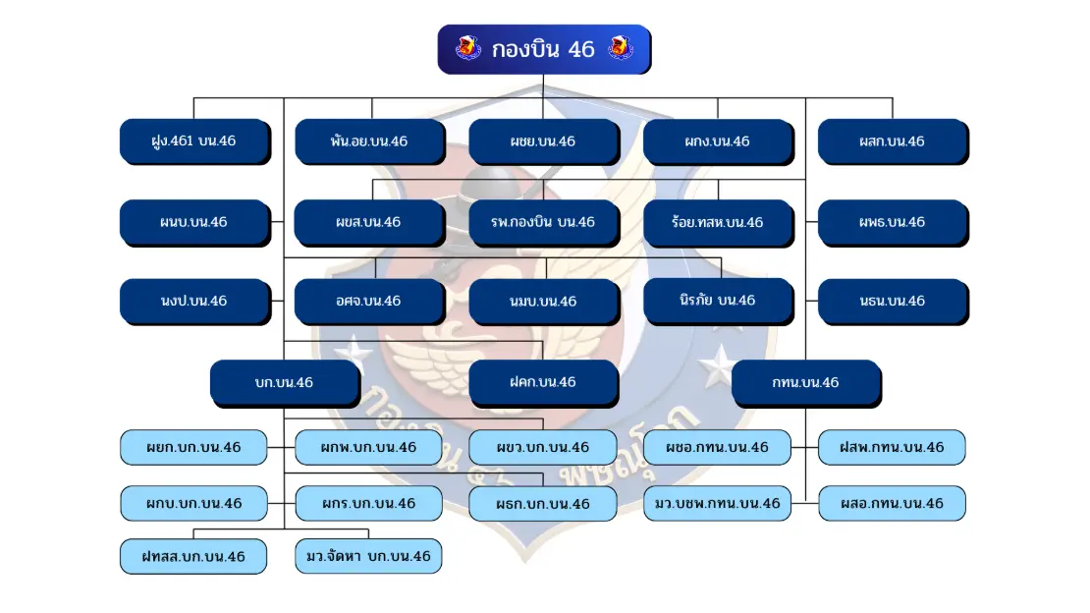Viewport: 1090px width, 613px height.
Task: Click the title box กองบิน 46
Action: click(x=544, y=49)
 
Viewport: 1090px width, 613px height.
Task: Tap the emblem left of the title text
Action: click(x=467, y=48)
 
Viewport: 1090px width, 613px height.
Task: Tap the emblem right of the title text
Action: click(x=620, y=48)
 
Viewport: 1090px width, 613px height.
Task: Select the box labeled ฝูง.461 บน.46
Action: click(x=194, y=141)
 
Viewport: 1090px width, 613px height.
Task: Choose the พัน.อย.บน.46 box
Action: click(x=370, y=141)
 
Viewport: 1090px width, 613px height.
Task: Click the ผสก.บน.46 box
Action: click(x=894, y=141)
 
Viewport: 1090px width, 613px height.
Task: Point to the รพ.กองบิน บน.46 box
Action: click(x=544, y=223)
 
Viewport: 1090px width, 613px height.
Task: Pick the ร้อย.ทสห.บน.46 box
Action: click(x=719, y=223)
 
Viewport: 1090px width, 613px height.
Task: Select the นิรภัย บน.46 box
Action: click(x=719, y=302)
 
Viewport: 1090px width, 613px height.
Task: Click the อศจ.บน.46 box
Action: click(x=370, y=302)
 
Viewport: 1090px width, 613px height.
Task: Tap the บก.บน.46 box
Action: click(x=285, y=383)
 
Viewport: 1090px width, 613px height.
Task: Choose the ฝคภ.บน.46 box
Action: click(x=544, y=383)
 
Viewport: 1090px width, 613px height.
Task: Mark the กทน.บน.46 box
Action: click(x=806, y=383)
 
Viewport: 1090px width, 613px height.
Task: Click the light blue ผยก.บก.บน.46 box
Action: click(x=194, y=447)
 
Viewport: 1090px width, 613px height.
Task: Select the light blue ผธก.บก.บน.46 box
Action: click(x=543, y=504)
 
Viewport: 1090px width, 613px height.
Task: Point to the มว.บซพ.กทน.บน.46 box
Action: click(x=718, y=504)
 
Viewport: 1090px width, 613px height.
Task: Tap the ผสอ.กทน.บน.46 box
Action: click(x=893, y=504)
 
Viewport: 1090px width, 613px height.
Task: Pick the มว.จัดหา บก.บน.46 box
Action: click(x=368, y=557)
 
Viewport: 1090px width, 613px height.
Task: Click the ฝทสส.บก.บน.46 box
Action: click(x=194, y=557)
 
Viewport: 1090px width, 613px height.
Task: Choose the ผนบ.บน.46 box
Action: click(x=194, y=223)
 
